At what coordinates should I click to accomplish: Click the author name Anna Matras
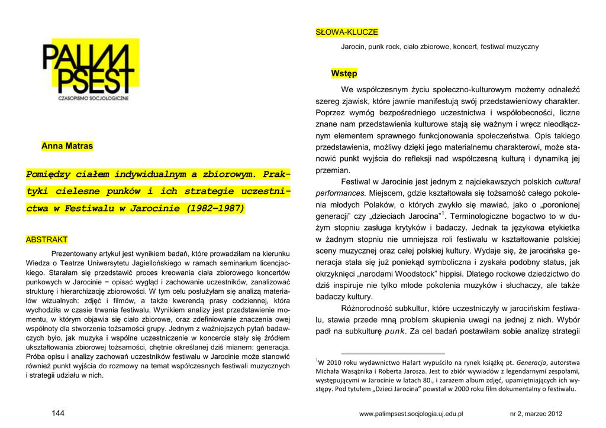point(67,146)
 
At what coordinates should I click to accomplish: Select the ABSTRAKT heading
point(46,239)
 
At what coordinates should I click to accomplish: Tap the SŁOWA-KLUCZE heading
point(347,32)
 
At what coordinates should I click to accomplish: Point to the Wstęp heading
point(344,73)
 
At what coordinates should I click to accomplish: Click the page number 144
point(58,413)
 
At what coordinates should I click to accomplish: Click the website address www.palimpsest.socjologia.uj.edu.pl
point(411,414)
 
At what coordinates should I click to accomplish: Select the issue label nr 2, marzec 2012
point(536,414)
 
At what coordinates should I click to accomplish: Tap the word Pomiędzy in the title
point(55,174)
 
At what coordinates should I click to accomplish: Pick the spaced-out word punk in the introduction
point(394,330)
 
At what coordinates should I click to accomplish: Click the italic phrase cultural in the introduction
point(567,181)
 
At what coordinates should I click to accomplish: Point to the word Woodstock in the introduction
point(415,274)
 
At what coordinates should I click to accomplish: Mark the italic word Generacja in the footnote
point(531,362)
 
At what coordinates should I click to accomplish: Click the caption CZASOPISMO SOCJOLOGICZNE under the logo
point(94,98)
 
